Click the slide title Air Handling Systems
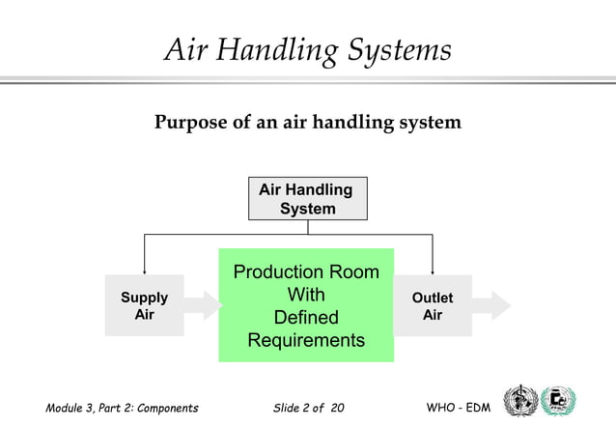(x=307, y=50)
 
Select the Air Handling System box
(x=307, y=199)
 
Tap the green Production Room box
(x=306, y=304)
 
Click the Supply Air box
(x=144, y=306)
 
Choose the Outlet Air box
(x=433, y=306)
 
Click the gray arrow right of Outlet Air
(x=492, y=305)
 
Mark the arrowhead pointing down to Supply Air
(x=145, y=270)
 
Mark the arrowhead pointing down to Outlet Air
(x=433, y=270)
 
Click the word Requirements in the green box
(x=306, y=340)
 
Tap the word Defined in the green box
(x=306, y=317)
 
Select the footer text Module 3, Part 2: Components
(x=122, y=409)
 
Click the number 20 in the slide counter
(x=336, y=409)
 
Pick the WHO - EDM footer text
(x=459, y=409)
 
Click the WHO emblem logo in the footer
(x=521, y=402)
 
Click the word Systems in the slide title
(x=395, y=50)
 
